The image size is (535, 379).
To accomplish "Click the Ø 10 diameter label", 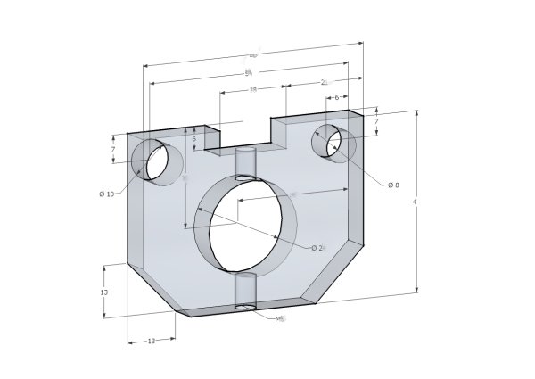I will click(x=106, y=194).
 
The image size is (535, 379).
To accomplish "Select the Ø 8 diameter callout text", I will click(x=392, y=185).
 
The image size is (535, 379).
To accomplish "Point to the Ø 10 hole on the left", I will click(x=158, y=161).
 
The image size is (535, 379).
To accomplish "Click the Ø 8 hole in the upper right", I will click(x=333, y=143).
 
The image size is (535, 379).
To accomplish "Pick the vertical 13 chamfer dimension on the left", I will click(x=104, y=292).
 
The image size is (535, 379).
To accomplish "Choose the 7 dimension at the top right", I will click(x=377, y=120).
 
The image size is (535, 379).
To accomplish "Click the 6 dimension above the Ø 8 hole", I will click(x=336, y=99).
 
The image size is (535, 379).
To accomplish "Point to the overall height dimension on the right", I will click(x=416, y=202).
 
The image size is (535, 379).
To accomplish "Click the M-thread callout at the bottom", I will click(x=280, y=318).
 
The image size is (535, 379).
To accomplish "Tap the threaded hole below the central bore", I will click(x=244, y=292).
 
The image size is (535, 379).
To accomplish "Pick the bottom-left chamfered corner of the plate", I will click(x=152, y=287).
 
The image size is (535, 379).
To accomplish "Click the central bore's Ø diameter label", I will click(x=318, y=247).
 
